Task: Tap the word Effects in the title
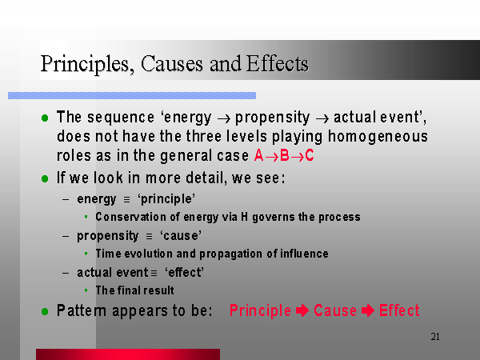click(277, 64)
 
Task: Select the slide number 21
click(435, 337)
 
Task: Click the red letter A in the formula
click(259, 155)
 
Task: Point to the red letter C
click(310, 155)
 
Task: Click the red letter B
click(285, 155)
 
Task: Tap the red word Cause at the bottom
click(335, 310)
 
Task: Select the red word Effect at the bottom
click(399, 310)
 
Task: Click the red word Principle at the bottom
click(260, 311)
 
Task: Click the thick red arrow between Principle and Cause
click(302, 310)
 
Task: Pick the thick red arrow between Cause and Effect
click(368, 310)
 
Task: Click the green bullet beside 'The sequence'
click(45, 118)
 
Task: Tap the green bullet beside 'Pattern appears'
click(45, 312)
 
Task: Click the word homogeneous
click(378, 137)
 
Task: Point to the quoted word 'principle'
click(166, 199)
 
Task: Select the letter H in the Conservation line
click(244, 217)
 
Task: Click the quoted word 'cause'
click(181, 236)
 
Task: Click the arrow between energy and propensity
click(223, 118)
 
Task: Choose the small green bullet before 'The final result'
click(86, 290)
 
